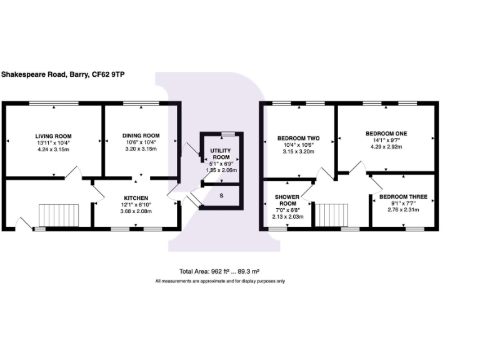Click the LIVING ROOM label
click(53, 136)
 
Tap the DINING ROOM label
click(141, 136)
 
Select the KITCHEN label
click(136, 198)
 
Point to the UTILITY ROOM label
click(221, 154)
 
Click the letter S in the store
click(221, 196)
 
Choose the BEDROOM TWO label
click(299, 138)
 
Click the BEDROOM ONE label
click(386, 134)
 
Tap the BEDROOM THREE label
click(403, 197)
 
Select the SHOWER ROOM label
click(287, 200)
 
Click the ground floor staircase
click(59, 215)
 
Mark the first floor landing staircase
click(331, 215)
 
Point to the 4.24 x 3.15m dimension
click(53, 150)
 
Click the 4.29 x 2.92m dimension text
click(386, 147)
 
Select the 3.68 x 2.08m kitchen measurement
click(136, 211)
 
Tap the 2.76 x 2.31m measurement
click(403, 210)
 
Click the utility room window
click(228, 134)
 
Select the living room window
click(54, 103)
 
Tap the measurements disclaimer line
click(220, 281)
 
